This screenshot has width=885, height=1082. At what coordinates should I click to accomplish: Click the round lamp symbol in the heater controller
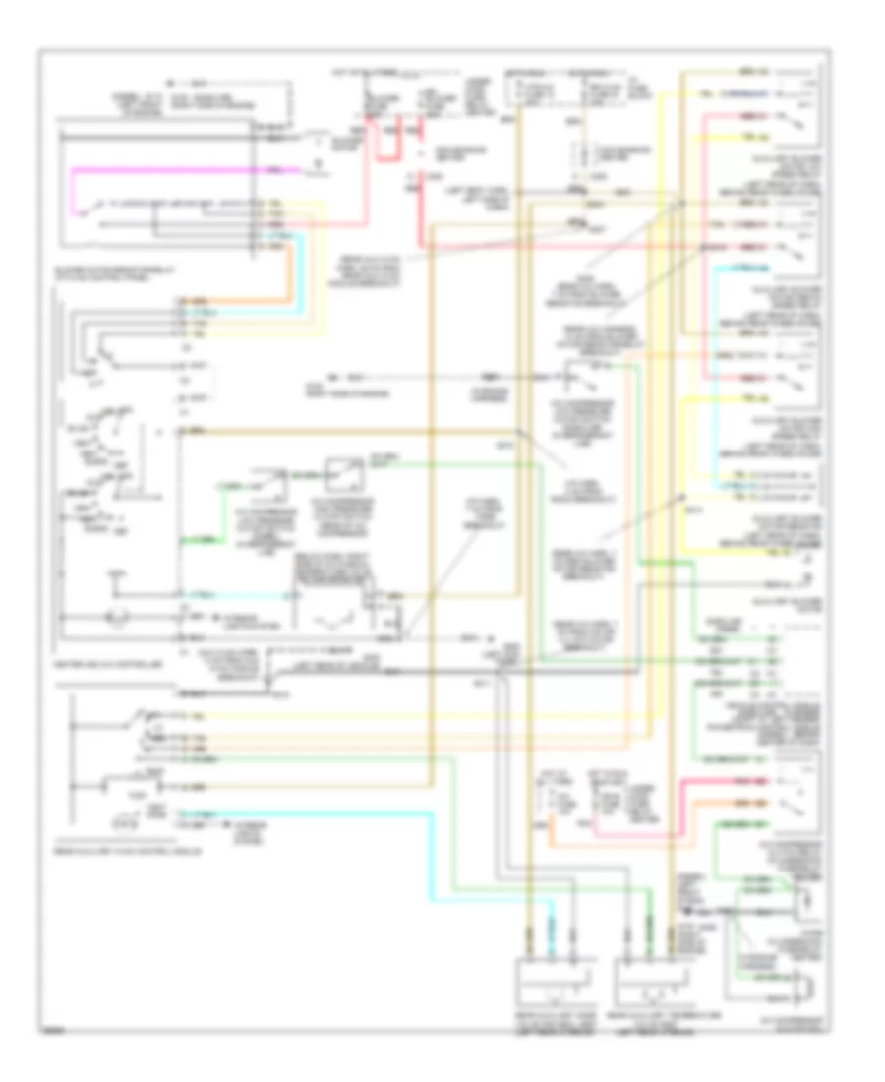(x=112, y=619)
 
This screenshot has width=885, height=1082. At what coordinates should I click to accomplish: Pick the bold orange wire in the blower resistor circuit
(x=289, y=275)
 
